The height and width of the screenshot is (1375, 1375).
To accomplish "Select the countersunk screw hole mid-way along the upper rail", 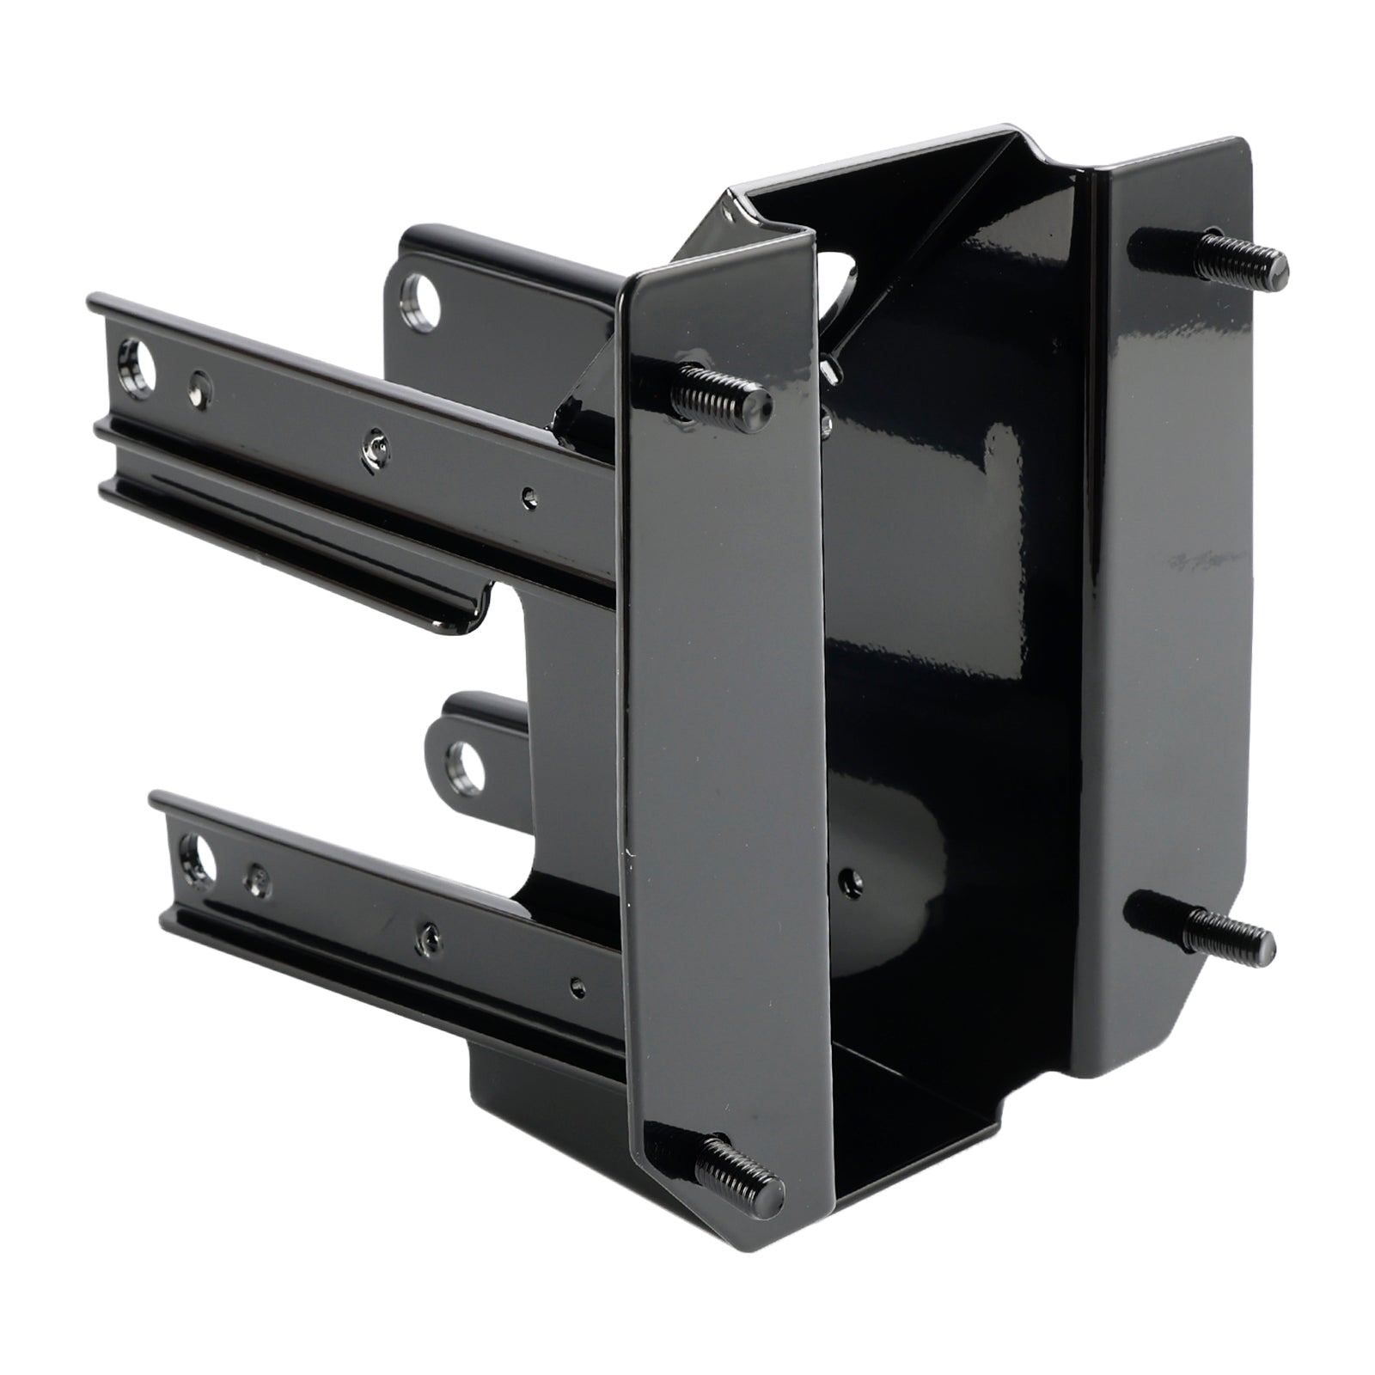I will (375, 446).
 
